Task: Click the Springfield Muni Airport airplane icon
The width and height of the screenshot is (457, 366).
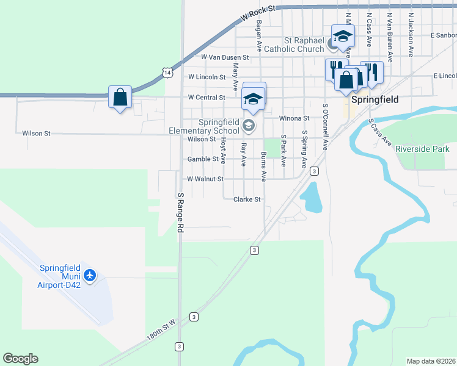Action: [x=90, y=276]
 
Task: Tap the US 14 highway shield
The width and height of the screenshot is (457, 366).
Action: [x=167, y=72]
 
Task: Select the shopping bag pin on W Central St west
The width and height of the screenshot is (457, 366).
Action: [x=120, y=96]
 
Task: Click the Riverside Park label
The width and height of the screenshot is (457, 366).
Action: [x=422, y=149]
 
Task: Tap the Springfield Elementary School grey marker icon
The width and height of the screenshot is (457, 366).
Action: [x=248, y=126]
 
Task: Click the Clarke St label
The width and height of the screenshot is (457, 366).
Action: [x=247, y=199]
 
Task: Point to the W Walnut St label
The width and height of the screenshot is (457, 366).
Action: [x=205, y=179]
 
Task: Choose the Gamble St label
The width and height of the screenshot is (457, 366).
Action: [x=203, y=159]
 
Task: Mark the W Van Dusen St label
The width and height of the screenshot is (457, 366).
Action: [x=225, y=57]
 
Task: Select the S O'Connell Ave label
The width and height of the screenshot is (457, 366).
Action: [x=326, y=127]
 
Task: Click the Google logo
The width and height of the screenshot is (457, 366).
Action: [x=20, y=359]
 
